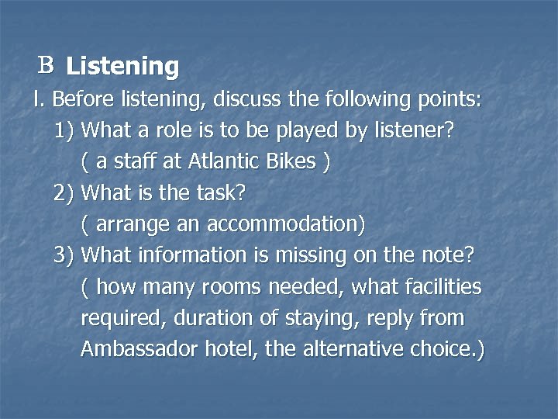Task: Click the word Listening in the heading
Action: pyautogui.click(x=122, y=67)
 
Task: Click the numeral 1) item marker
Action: pyautogui.click(x=64, y=130)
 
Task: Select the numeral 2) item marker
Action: pyautogui.click(x=64, y=192)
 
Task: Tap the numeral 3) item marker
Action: pyautogui.click(x=64, y=255)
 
